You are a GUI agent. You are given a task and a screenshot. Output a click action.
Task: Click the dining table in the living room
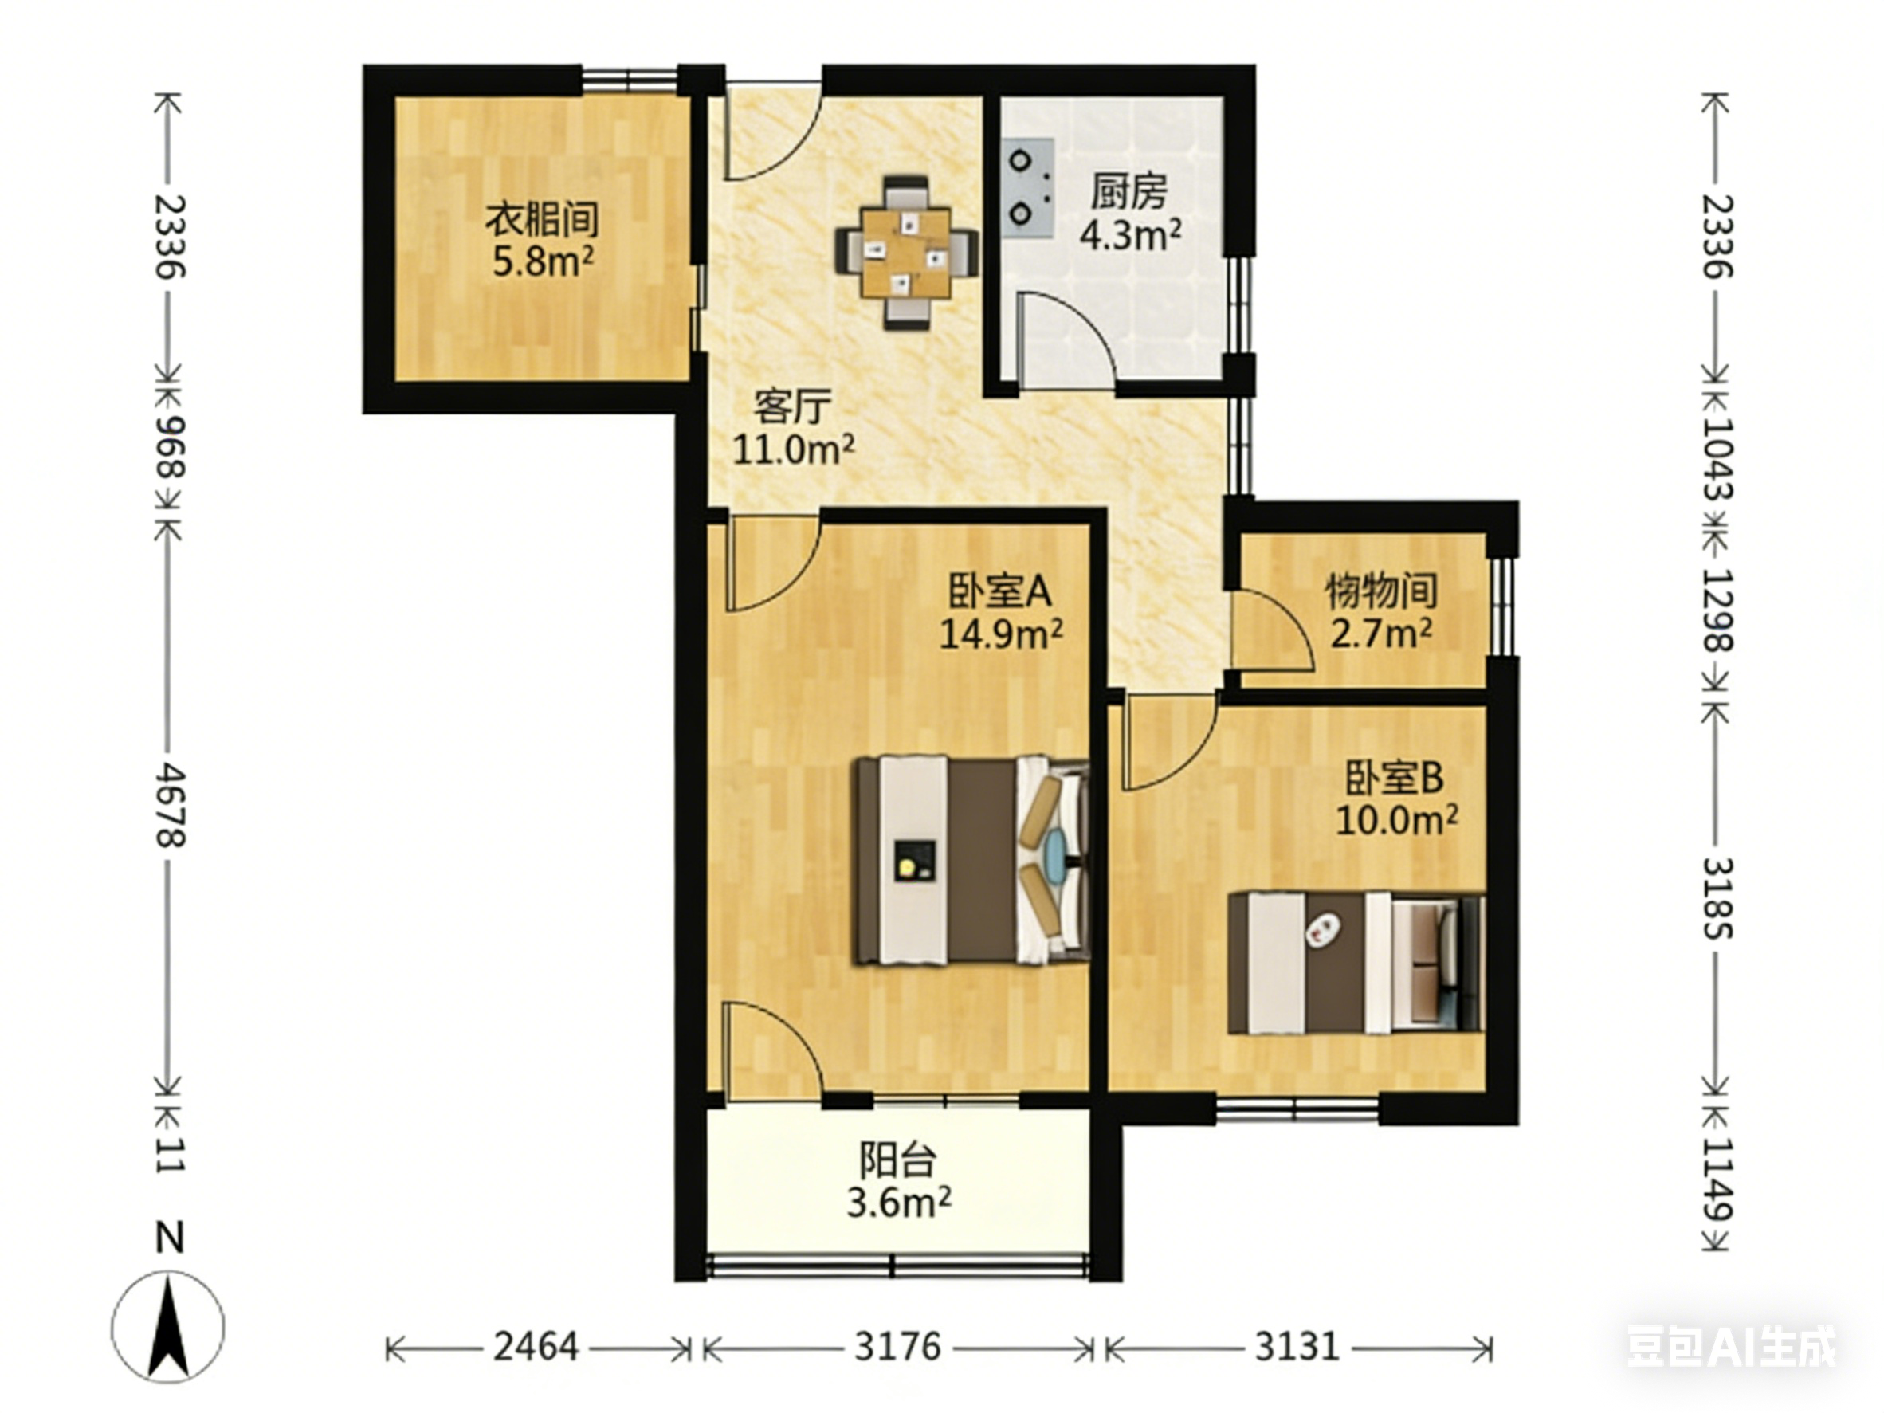coord(905,253)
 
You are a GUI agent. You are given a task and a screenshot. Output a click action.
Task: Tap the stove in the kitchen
coord(1029,186)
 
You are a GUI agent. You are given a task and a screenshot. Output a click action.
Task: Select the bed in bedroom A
coord(972,860)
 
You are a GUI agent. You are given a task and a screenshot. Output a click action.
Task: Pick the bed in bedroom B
coord(1356,963)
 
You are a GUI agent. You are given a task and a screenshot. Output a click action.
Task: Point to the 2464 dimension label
coord(536,1348)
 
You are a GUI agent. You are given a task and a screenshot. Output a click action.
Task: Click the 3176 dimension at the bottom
coord(898,1348)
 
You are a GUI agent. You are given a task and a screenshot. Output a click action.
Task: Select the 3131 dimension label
coord(1297,1348)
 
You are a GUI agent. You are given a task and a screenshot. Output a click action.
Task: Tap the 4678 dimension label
coord(170,805)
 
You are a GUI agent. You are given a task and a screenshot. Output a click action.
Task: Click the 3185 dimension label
coord(1718,897)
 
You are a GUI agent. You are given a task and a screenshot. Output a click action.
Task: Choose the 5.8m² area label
coord(543,261)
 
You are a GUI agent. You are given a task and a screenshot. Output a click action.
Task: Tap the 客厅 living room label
coord(792,407)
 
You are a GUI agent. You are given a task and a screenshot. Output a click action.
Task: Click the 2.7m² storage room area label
coord(1380,633)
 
